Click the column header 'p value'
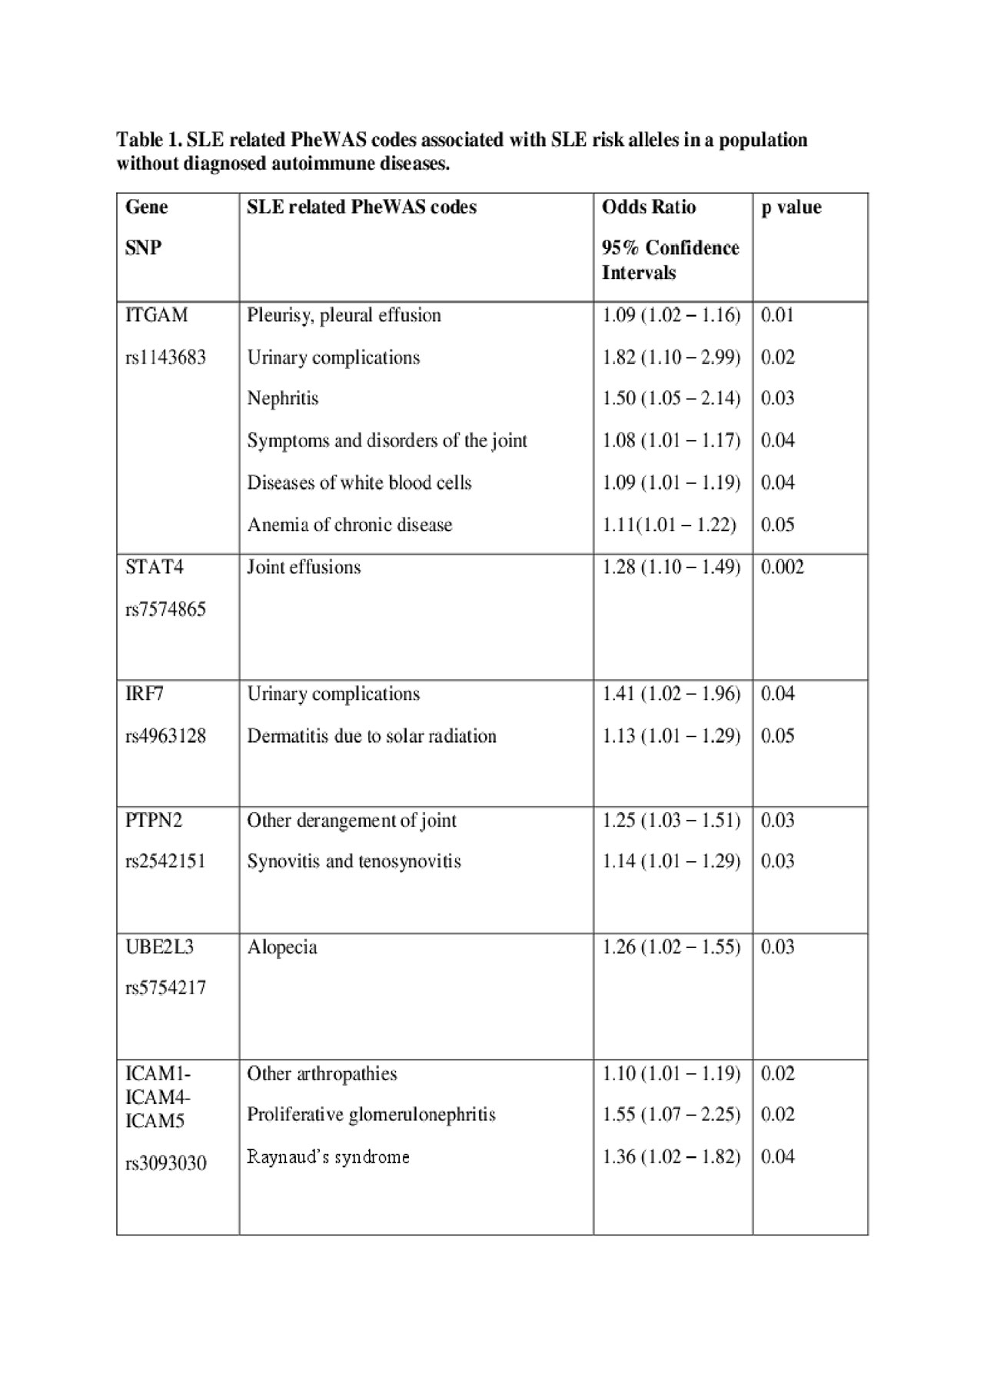[x=791, y=207]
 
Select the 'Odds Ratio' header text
[x=649, y=207]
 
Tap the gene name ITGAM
[x=156, y=315]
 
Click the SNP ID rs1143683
[x=165, y=357]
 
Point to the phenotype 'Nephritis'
[x=282, y=398]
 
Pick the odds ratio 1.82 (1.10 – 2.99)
[x=671, y=357]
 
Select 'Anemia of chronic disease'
[x=350, y=525]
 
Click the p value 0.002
[x=782, y=567]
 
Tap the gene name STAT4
[x=155, y=567]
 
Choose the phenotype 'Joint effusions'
[x=304, y=567]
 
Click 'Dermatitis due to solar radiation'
[x=371, y=736]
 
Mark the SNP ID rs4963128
[x=165, y=736]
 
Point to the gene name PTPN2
[x=154, y=821]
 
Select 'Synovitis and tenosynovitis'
[x=354, y=861]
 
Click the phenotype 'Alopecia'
[x=282, y=947]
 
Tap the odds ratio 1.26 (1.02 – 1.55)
[x=671, y=947]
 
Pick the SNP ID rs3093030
[x=165, y=1163]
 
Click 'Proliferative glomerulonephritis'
[x=371, y=1114]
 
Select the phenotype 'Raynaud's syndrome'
[x=328, y=1156]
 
